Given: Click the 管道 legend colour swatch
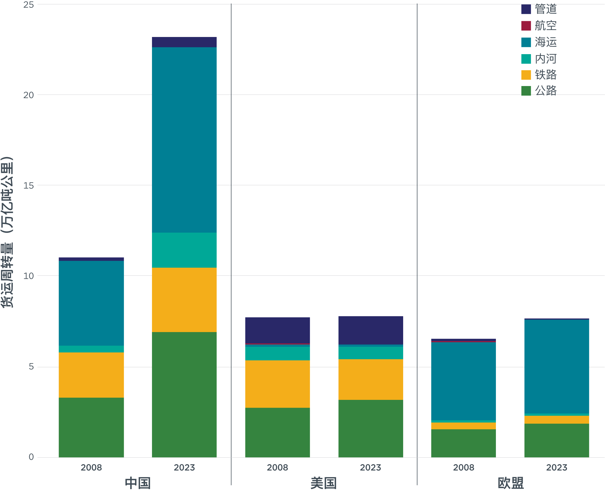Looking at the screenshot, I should (526, 9).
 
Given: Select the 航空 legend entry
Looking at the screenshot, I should (545, 26).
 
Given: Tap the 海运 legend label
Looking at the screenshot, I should (545, 42).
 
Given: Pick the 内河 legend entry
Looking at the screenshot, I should (545, 58).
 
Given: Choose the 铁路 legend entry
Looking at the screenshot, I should (545, 75).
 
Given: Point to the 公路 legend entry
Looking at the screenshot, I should (545, 91).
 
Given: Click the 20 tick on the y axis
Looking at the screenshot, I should (28, 95).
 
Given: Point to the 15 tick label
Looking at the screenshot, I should (28, 185).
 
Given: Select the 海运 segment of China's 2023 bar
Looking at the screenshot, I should (184, 140).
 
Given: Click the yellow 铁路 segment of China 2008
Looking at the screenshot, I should (91, 375).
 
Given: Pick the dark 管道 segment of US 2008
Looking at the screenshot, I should (277, 330).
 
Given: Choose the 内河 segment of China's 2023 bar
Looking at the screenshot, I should (184, 250).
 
